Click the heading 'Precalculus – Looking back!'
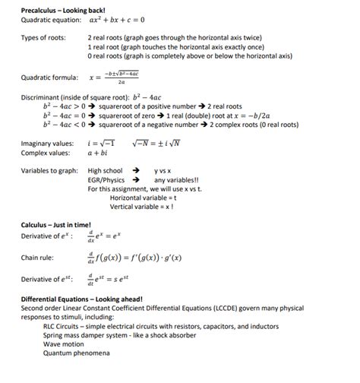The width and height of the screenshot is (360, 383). pyautogui.click(x=68, y=8)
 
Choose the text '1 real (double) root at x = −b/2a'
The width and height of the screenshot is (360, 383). pyautogui.click(x=215, y=116)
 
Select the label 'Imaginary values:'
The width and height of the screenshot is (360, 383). pyautogui.click(x=47, y=144)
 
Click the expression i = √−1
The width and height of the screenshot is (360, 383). pyautogui.click(x=101, y=144)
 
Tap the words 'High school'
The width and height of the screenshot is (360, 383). pyautogui.click(x=105, y=171)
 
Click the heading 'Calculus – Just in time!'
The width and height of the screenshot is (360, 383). pyautogui.click(x=56, y=226)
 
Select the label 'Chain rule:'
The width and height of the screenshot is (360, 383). pyautogui.click(x=38, y=258)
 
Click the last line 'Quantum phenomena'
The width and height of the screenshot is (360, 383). pyautogui.click(x=77, y=353)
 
